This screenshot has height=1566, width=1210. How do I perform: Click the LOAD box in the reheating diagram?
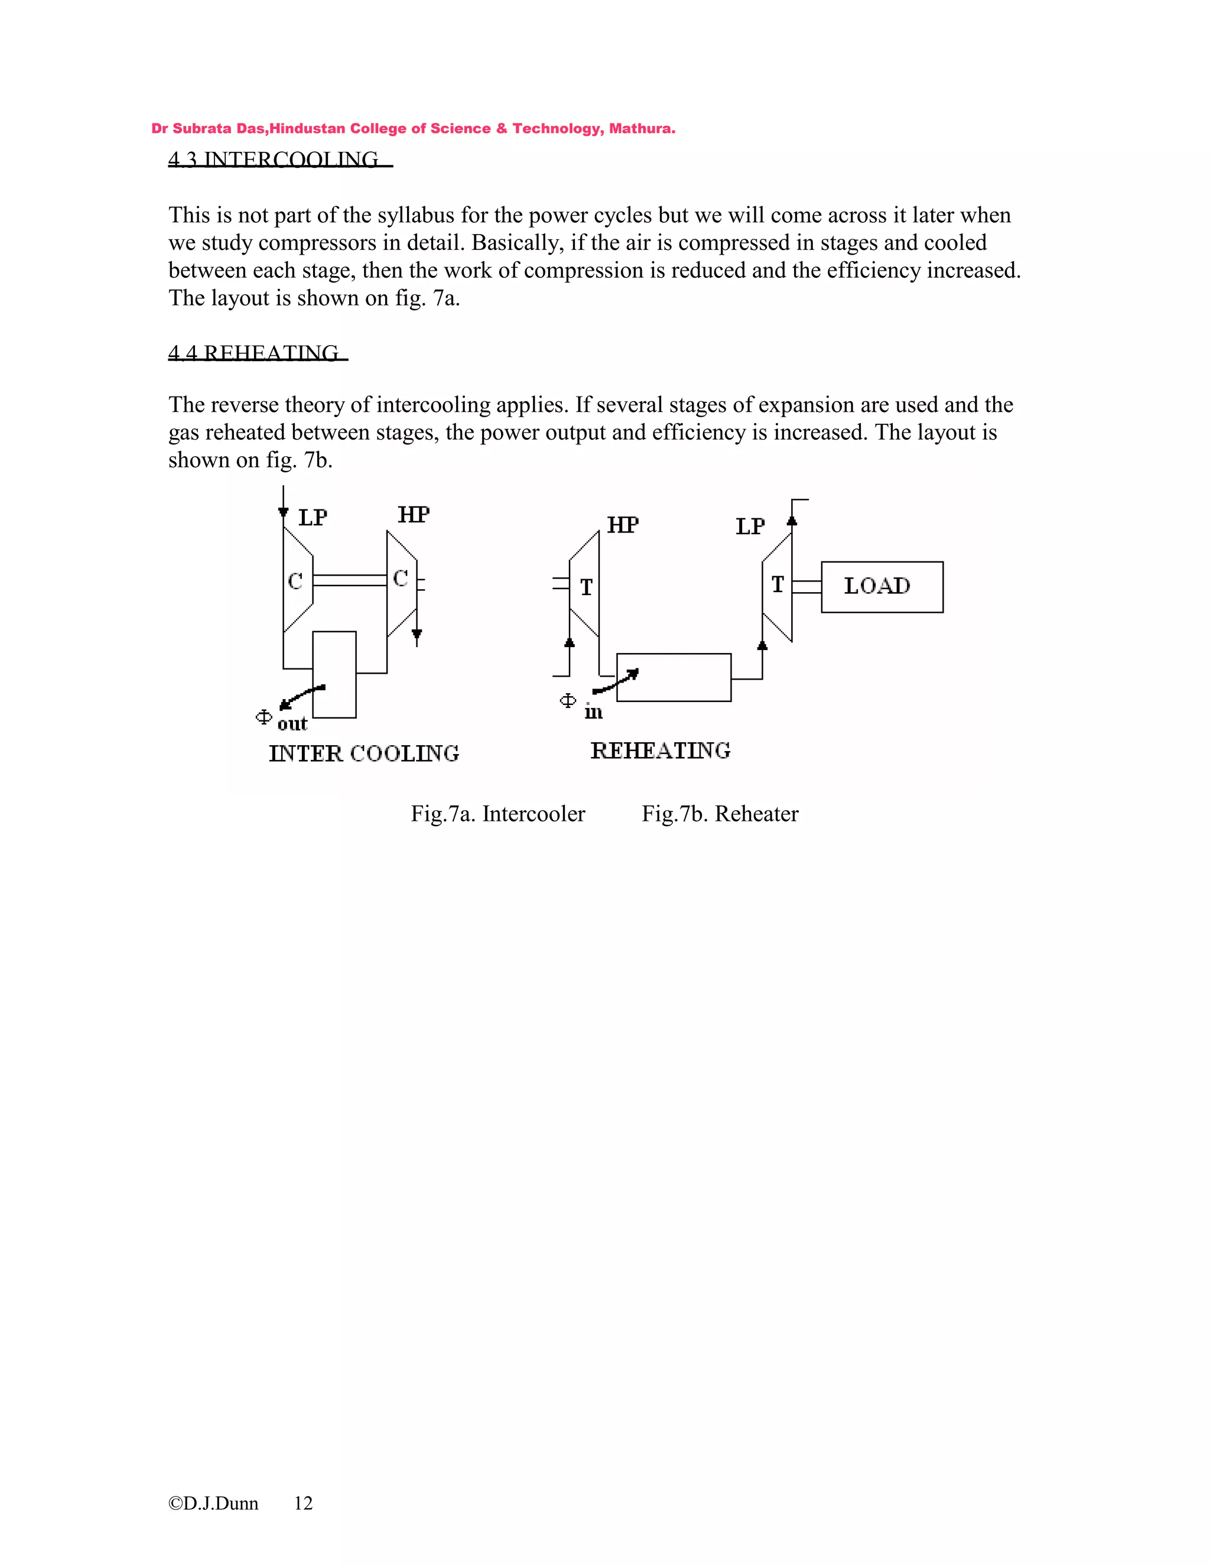point(882,587)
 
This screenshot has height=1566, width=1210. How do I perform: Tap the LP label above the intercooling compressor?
point(313,518)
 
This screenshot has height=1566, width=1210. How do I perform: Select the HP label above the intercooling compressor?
point(414,515)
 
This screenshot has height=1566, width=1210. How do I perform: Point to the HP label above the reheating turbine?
point(622,525)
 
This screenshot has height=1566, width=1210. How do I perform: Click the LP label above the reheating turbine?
point(750,527)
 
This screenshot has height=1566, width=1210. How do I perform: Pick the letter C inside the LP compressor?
point(295,581)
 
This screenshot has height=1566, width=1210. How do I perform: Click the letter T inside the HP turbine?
point(586,588)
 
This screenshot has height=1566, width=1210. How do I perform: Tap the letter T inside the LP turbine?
point(778,585)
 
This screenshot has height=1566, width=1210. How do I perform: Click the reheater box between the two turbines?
point(674,677)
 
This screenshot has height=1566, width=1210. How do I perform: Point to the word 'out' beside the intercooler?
point(292,724)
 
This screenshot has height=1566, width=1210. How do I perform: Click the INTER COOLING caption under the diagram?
point(364,753)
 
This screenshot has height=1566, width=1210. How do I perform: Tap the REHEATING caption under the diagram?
point(660,750)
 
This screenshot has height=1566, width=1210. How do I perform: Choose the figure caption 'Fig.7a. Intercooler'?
point(497,814)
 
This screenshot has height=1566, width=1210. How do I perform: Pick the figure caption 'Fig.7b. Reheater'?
point(720,814)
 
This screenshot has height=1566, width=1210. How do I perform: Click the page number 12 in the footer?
point(303,1503)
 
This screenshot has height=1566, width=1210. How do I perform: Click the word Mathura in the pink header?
point(641,129)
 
